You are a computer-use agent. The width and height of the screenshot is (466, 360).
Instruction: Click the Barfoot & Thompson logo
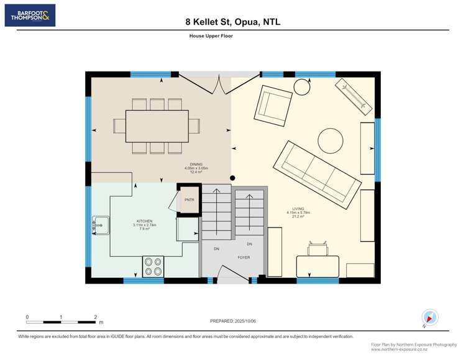pos(30,16)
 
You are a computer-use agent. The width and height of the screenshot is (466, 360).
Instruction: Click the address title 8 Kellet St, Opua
pos(233,22)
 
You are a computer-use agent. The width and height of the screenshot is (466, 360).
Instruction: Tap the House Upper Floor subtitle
pos(211,36)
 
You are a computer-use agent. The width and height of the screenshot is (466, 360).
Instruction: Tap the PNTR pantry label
pos(189,200)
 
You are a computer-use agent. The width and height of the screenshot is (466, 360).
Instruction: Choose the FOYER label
pos(244,257)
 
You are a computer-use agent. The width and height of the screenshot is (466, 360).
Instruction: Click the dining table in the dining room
pos(157,126)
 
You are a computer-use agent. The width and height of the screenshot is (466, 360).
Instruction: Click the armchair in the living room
pos(274,104)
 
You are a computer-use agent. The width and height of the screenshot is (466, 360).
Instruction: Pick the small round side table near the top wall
pos(302,87)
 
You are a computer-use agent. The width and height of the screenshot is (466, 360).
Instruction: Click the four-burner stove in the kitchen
pos(153,266)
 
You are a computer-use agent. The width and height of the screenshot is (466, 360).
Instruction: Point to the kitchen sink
pos(100,226)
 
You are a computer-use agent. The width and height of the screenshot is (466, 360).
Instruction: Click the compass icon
pos(429,316)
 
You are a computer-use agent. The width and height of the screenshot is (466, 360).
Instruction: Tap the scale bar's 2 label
pos(96,317)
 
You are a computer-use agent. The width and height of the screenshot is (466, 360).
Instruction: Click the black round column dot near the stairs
pos(232,178)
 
